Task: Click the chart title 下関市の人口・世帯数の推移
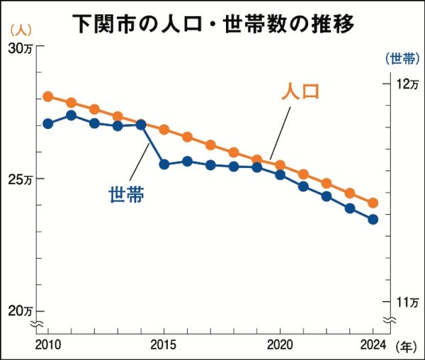click(213, 23)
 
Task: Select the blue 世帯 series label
click(126, 193)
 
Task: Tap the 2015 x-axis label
click(164, 344)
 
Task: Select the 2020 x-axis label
click(280, 344)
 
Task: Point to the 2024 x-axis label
click(372, 344)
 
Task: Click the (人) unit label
click(20, 30)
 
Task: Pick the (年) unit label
click(406, 346)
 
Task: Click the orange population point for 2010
click(48, 96)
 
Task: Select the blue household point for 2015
click(164, 164)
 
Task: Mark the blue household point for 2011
click(71, 115)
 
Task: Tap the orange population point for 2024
click(373, 203)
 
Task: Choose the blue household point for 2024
click(373, 219)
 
